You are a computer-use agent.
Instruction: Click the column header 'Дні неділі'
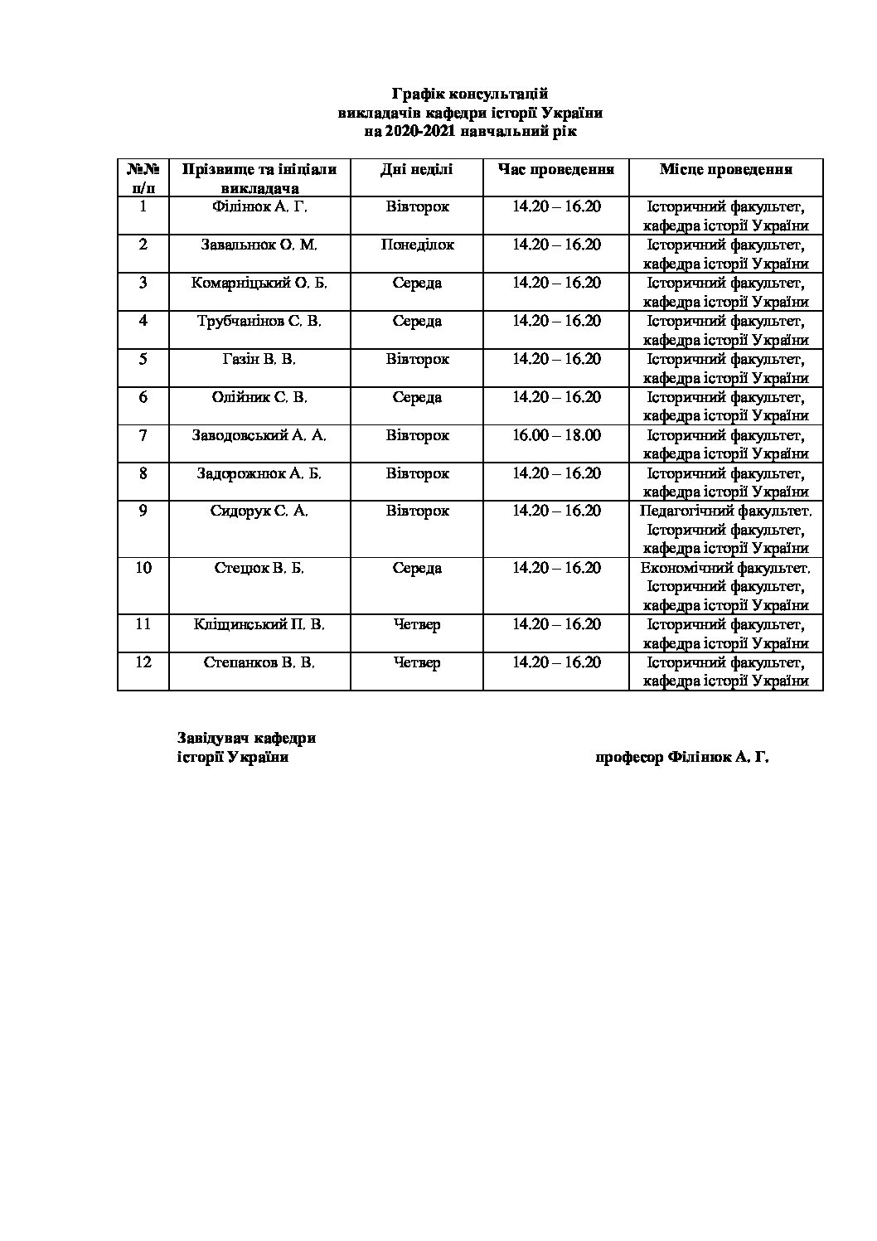pos(416,169)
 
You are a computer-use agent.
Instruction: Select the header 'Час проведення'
pos(555,169)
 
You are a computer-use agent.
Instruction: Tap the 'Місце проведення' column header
pos(725,169)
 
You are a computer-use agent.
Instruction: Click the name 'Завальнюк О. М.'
pos(259,245)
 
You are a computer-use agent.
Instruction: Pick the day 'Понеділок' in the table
pos(417,245)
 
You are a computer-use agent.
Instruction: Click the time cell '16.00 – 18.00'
pos(555,435)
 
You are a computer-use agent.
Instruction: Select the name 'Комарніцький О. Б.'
pos(259,283)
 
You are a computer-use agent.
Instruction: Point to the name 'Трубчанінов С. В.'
pos(259,321)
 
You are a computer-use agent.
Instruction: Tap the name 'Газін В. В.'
pos(259,359)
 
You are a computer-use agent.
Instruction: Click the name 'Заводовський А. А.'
pos(259,435)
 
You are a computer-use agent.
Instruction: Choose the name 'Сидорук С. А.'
pos(259,511)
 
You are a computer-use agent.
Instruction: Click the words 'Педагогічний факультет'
pos(725,511)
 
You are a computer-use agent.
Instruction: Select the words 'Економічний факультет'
pos(725,568)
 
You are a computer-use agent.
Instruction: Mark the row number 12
pos(143,662)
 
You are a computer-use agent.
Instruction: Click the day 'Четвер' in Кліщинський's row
pos(417,624)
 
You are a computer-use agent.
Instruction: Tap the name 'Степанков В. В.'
pos(259,662)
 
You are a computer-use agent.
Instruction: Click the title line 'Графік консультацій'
pos(470,95)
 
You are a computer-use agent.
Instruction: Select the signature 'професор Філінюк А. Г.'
pos(681,757)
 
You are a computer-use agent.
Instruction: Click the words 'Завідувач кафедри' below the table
pos(247,738)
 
